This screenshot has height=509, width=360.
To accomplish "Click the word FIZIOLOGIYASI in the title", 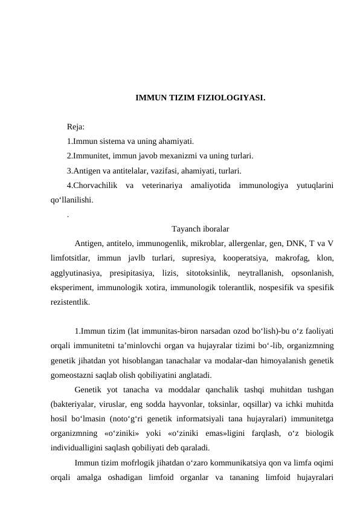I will [231, 97].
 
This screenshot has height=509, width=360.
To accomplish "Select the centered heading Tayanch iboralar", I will [200, 229].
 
